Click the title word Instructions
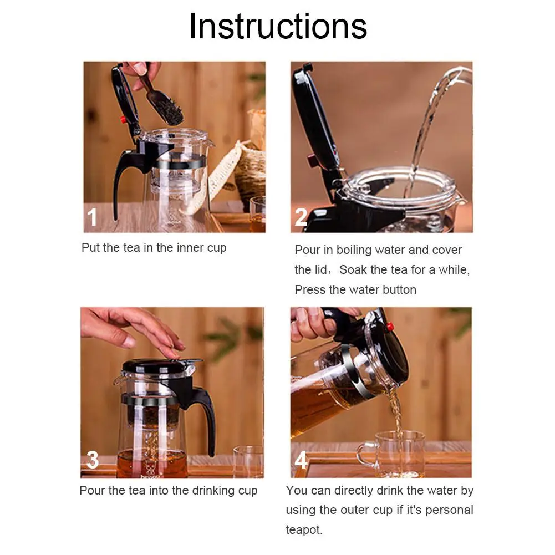click(278, 26)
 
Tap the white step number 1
click(92, 216)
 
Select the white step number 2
click(301, 217)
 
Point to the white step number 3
click(93, 460)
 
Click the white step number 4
click(301, 460)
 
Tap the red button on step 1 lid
click(124, 120)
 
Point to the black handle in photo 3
click(207, 414)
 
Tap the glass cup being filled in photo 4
click(393, 454)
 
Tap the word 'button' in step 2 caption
click(399, 290)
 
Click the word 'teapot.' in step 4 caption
click(304, 530)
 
